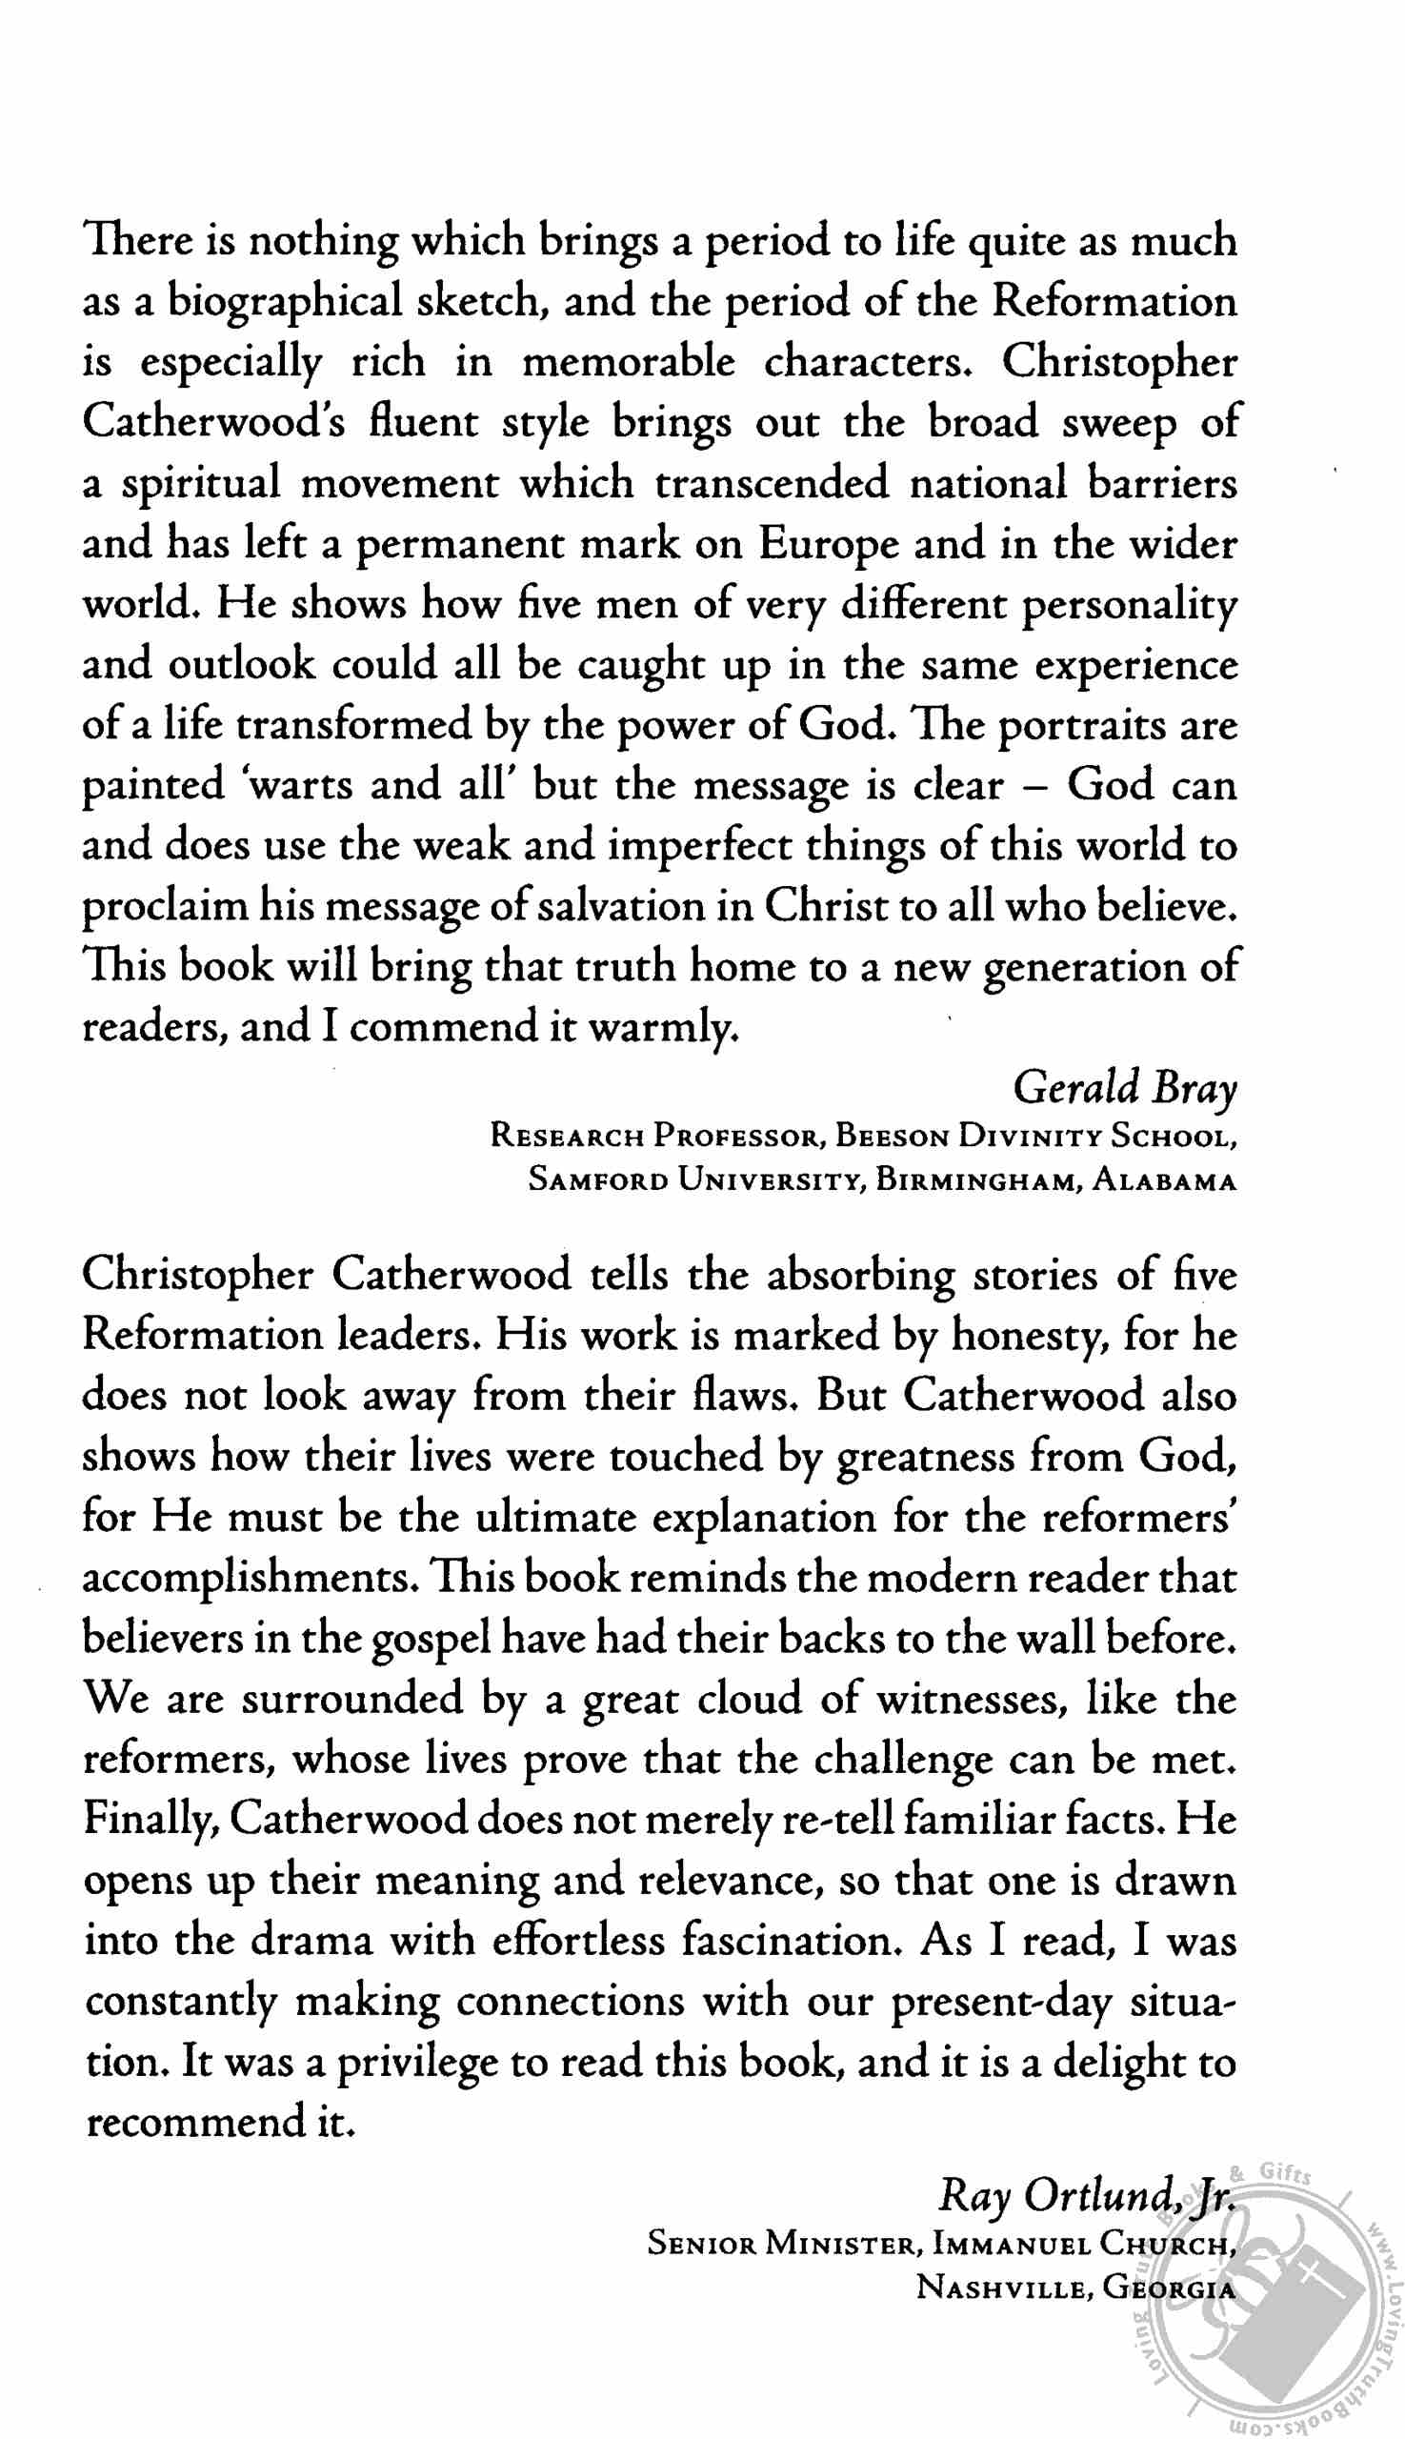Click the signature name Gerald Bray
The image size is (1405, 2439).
(x=1124, y=1088)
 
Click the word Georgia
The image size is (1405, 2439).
(x=1169, y=2288)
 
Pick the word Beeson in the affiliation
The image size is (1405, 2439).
(x=892, y=1136)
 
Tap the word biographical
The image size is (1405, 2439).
(x=285, y=302)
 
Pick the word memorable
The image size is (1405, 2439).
(x=628, y=363)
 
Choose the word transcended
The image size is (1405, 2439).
(x=771, y=484)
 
